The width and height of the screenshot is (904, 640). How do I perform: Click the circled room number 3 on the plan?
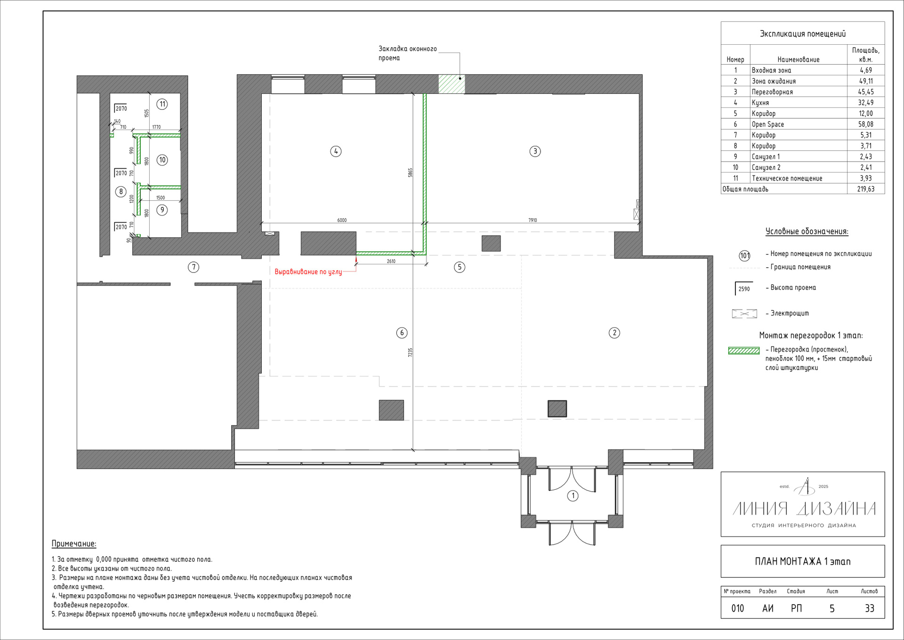point(535,151)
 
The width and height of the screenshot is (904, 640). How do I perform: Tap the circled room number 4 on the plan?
point(336,151)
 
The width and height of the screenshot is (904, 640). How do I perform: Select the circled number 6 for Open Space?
point(402,333)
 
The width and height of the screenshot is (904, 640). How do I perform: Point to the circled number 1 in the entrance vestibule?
point(573,496)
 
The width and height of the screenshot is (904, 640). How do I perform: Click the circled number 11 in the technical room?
point(162,104)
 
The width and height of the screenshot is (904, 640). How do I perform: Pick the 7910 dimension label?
point(533,220)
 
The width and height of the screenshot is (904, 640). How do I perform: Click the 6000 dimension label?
point(342,220)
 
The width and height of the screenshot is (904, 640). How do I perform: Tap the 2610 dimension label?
point(391,261)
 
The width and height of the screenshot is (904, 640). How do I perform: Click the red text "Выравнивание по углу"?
point(308,272)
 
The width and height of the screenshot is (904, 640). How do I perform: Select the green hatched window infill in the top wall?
point(452,84)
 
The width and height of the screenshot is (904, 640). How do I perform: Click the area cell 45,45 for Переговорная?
point(865,92)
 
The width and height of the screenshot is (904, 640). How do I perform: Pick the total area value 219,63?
point(865,189)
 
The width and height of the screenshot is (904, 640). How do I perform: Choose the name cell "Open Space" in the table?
point(767,124)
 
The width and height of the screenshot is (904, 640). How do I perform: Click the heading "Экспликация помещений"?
point(803,34)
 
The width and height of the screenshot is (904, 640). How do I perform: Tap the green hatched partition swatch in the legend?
point(744,351)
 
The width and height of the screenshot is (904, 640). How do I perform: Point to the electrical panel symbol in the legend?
point(744,313)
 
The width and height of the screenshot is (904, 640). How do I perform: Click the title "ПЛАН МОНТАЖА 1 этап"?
point(803,561)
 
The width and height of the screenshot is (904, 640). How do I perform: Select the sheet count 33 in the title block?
point(869,608)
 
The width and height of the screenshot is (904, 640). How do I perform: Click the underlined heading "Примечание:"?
point(74,544)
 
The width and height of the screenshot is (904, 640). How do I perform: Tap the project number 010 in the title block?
point(737,608)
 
